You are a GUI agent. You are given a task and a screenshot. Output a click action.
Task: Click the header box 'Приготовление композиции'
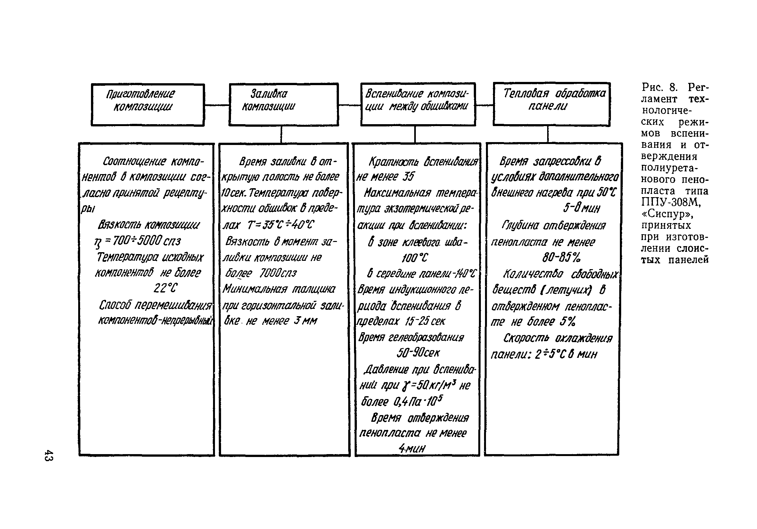point(148,105)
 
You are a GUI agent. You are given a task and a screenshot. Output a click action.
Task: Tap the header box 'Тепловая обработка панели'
point(551,104)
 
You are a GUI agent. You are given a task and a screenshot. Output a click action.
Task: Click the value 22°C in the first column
point(165,288)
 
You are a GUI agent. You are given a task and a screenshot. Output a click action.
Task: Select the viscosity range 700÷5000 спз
point(146,241)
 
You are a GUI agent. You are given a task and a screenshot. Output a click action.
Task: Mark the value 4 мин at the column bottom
point(412,448)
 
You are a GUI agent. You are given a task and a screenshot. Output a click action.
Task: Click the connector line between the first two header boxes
point(217,105)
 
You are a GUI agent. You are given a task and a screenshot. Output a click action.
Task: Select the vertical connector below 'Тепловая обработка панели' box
point(547,134)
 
